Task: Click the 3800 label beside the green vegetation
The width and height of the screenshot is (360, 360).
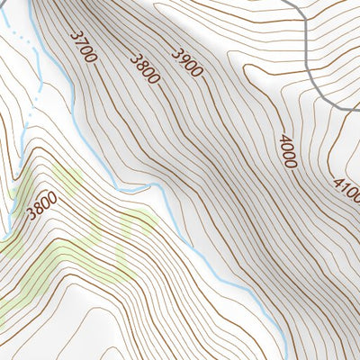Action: pos(41,206)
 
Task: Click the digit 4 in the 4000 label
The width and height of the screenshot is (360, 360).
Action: pos(284,139)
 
